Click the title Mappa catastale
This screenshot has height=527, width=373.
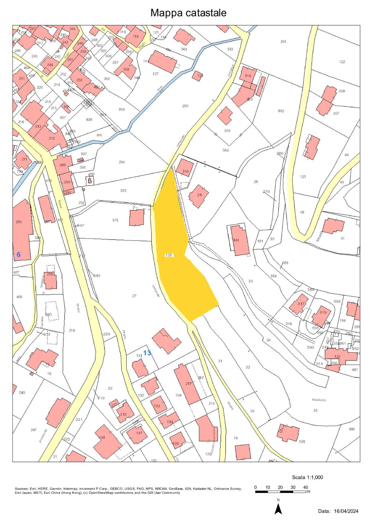pyautogui.click(x=188, y=13)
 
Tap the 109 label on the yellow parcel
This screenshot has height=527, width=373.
pyautogui.click(x=169, y=255)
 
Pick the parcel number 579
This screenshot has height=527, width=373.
pyautogui.click(x=115, y=220)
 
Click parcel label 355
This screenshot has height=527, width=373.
pyautogui.click(x=123, y=190)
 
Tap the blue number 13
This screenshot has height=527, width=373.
pyautogui.click(x=147, y=353)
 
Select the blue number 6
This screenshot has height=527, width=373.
pyautogui.click(x=18, y=254)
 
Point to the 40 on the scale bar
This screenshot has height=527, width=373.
pyautogui.click(x=305, y=487)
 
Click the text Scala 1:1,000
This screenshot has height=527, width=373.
pyautogui.click(x=307, y=477)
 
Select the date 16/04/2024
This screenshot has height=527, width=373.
pyautogui.click(x=346, y=511)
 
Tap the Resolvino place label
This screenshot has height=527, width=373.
pyautogui.click(x=319, y=400)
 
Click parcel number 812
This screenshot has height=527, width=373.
pyautogui.click(x=281, y=111)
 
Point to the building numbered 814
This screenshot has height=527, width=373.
pyautogui.click(x=248, y=76)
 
